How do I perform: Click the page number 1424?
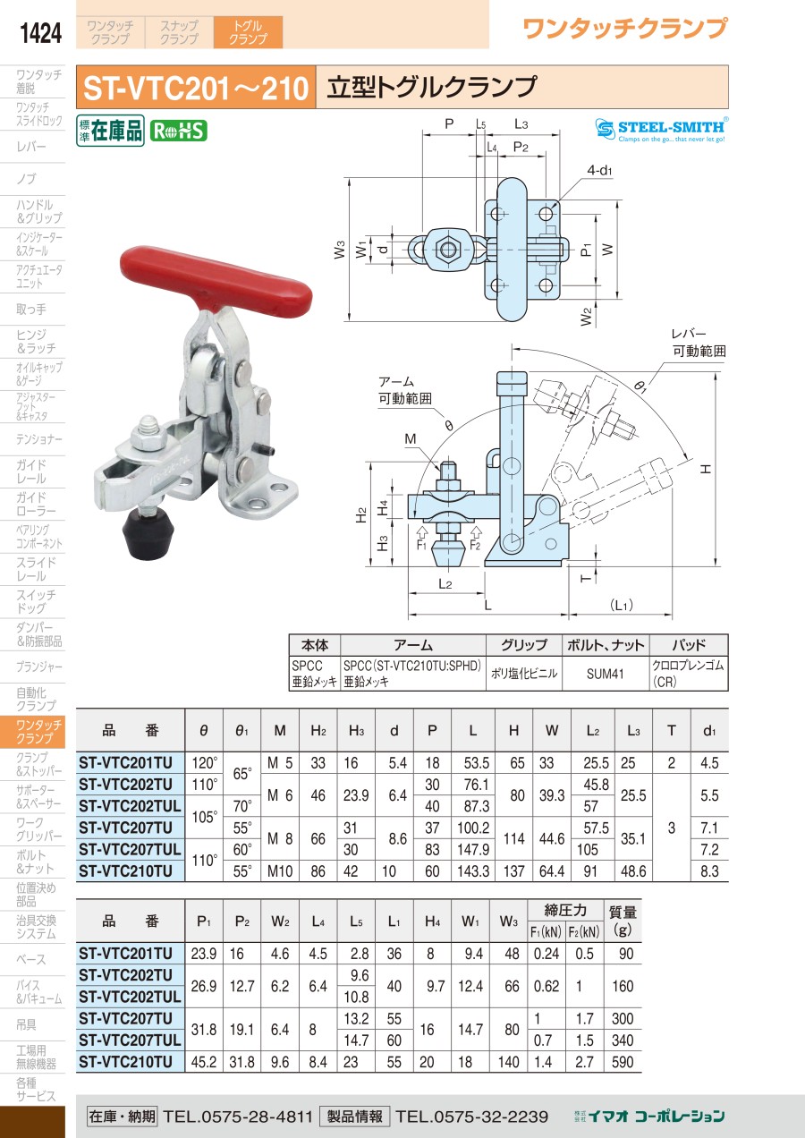pyautogui.click(x=40, y=33)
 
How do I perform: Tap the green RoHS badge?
pyautogui.click(x=178, y=132)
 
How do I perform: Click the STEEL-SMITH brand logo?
pyautogui.click(x=662, y=130)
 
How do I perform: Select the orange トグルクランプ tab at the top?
pyautogui.click(x=248, y=32)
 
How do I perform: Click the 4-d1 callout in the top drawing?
pyautogui.click(x=599, y=170)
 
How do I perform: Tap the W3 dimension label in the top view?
pyautogui.click(x=339, y=250)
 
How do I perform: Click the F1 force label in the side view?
pyautogui.click(x=421, y=545)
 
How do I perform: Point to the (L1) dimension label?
pyautogui.click(x=621, y=605)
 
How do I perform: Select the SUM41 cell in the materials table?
pyautogui.click(x=605, y=674)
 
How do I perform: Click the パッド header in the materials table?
pyautogui.click(x=689, y=645)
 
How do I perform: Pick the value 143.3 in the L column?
pyautogui.click(x=473, y=871)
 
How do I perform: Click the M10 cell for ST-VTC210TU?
pyautogui.click(x=280, y=871)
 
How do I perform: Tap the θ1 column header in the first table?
pyautogui.click(x=241, y=731)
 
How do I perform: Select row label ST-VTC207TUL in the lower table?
pyautogui.click(x=130, y=1040)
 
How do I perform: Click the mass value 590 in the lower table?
pyautogui.click(x=623, y=1062)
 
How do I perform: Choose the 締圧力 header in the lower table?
pyautogui.click(x=564, y=911)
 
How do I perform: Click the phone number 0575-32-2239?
pyautogui.click(x=472, y=1117)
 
